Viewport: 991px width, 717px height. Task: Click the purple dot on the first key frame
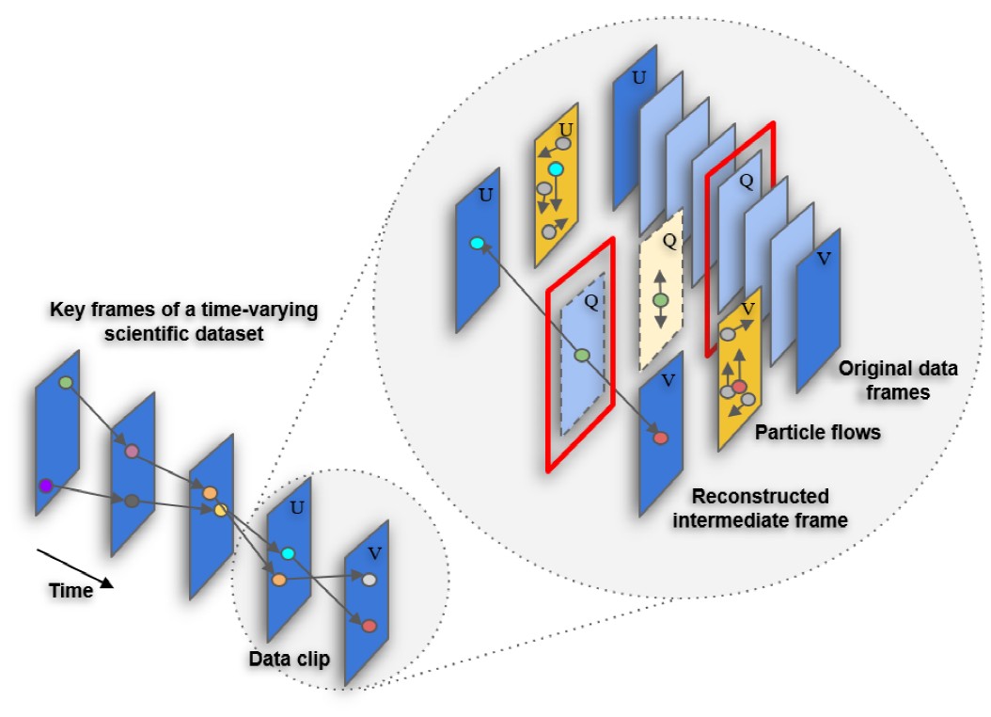point(44,486)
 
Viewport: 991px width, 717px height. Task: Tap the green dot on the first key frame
point(65,383)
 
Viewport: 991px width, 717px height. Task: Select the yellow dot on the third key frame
point(221,510)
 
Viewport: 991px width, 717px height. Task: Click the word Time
point(71,591)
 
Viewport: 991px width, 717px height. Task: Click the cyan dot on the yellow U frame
point(556,170)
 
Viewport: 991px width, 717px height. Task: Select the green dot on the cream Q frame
point(660,300)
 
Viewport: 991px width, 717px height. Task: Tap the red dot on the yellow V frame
point(739,387)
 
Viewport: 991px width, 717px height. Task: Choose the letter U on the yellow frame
point(566,128)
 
